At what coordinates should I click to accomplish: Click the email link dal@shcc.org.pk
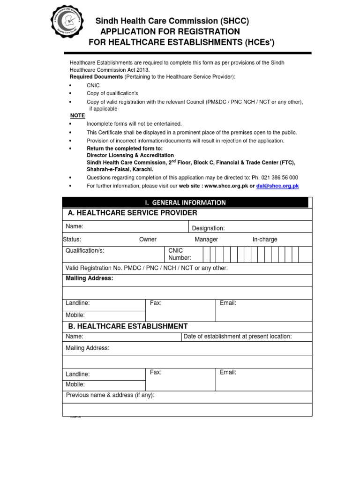pos(277,186)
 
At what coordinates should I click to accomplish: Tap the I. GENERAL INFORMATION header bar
pos(186,202)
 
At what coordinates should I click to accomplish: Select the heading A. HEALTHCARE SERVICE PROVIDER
pos(132,213)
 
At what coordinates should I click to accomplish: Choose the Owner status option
pos(148,240)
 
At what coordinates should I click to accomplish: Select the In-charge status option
pos(265,240)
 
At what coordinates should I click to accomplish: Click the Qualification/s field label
pos(85,251)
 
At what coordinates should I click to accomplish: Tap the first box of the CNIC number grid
pos(206,255)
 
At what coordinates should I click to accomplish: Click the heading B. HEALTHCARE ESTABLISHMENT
pos(127,326)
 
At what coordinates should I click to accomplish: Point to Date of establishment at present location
pos(238,337)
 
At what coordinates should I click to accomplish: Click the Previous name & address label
pos(110,395)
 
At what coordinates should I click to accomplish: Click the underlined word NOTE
pos(77,115)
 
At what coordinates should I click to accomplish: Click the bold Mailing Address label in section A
pos(90,278)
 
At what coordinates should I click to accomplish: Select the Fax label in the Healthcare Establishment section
pos(156,372)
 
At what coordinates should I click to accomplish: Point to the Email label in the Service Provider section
pos(228,303)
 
